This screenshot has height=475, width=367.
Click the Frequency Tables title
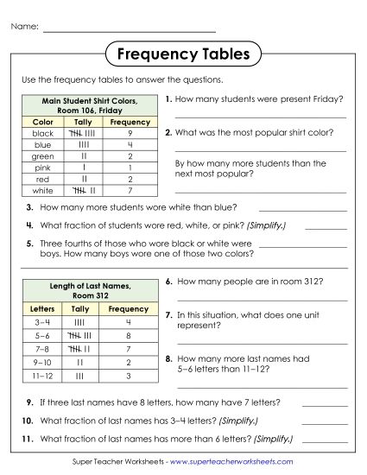[182, 55]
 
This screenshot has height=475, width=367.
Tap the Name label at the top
[25, 27]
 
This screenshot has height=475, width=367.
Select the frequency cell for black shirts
[130, 134]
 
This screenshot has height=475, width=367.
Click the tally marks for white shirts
[84, 190]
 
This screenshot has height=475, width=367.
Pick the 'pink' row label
[42, 168]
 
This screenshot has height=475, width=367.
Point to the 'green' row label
[42, 156]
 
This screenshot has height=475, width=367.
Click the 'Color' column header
[42, 123]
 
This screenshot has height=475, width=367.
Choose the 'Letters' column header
[42, 308]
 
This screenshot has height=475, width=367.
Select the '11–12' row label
[42, 377]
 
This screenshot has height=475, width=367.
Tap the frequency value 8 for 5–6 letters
[128, 335]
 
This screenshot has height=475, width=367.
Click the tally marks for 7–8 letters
[80, 349]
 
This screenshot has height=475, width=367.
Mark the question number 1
[168, 100]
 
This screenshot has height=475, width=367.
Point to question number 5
[29, 244]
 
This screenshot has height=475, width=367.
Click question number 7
[168, 316]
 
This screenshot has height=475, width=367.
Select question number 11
[28, 439]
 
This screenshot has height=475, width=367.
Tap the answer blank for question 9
[324, 404]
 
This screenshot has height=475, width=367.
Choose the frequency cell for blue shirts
[130, 145]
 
